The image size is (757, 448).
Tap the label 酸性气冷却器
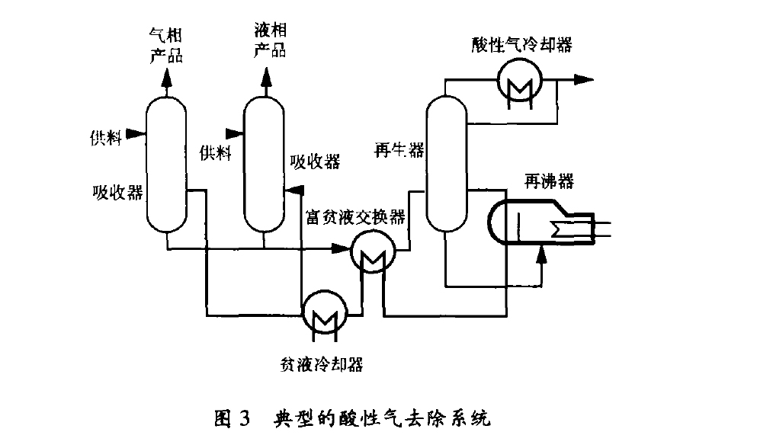(521, 43)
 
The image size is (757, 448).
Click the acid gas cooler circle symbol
(519, 79)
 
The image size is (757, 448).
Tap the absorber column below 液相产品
(264, 164)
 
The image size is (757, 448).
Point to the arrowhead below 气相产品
(165, 78)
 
